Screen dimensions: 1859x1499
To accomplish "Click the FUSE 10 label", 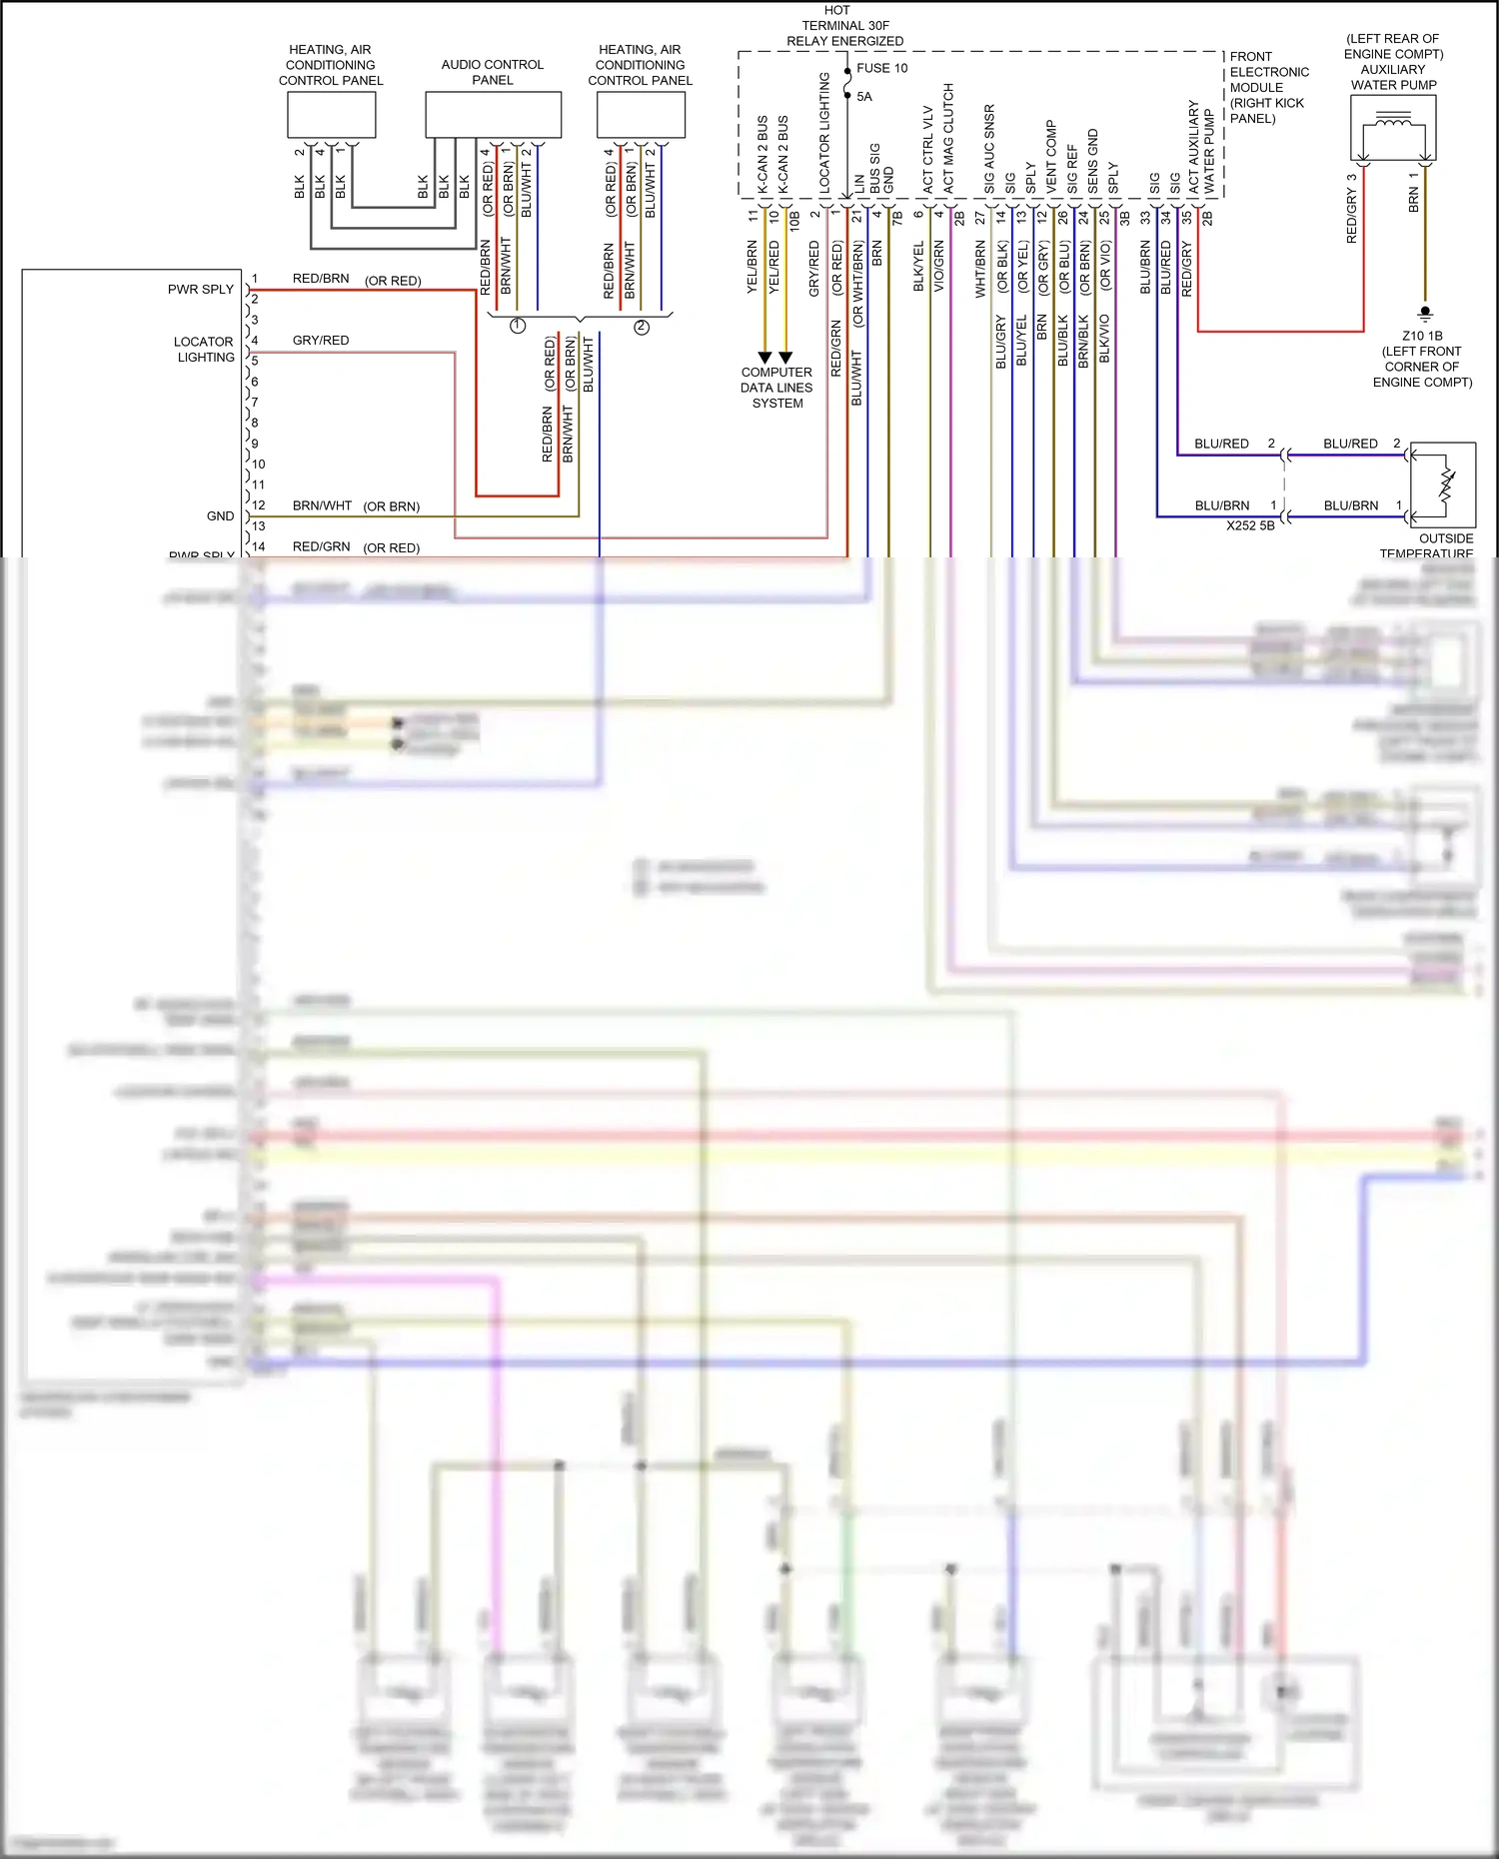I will pyautogui.click(x=881, y=68).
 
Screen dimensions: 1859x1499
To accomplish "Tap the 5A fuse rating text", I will pyautogui.click(x=864, y=97).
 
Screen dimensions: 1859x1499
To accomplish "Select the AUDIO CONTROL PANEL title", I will pyautogui.click(x=492, y=72).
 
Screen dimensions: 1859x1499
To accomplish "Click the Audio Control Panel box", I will pyautogui.click(x=493, y=115).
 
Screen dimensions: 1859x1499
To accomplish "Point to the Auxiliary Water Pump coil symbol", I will pyautogui.click(x=1393, y=122).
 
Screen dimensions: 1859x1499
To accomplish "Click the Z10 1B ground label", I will pyautogui.click(x=1421, y=336).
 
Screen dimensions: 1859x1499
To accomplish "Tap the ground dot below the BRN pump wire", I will pyautogui.click(x=1425, y=312).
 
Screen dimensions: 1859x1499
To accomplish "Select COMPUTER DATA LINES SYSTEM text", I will pyautogui.click(x=776, y=388).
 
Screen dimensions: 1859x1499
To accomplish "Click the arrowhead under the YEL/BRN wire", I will pyautogui.click(x=764, y=358).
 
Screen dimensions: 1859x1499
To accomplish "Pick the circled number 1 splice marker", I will pyautogui.click(x=518, y=326).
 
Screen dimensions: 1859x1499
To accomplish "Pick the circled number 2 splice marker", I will pyautogui.click(x=642, y=327).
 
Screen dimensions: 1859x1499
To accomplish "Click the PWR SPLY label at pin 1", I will pyautogui.click(x=200, y=289).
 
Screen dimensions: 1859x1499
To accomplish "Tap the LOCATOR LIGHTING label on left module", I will pyautogui.click(x=204, y=349).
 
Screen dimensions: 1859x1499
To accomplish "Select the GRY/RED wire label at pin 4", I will pyautogui.click(x=321, y=341).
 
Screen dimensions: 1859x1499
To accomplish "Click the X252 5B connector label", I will pyautogui.click(x=1250, y=525).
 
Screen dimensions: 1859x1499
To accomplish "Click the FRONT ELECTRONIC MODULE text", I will pyautogui.click(x=1268, y=87).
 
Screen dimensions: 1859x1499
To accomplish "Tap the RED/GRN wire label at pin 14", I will pyautogui.click(x=321, y=546).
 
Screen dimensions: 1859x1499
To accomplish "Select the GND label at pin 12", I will pyautogui.click(x=220, y=516).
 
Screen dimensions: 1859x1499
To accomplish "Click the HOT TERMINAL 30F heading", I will pyautogui.click(x=844, y=25).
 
